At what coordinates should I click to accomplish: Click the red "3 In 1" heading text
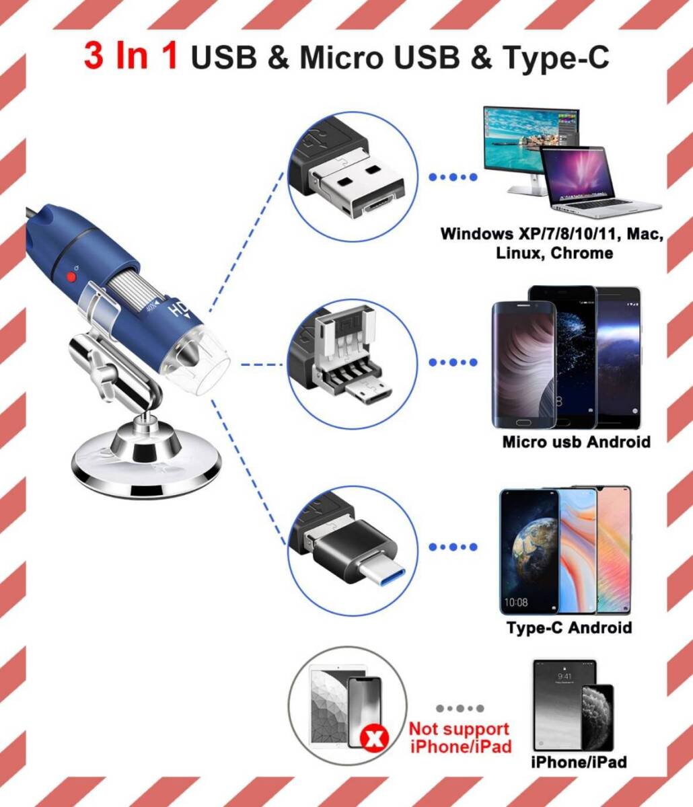pyautogui.click(x=131, y=56)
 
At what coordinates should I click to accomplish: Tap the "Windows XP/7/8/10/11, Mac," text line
pyautogui.click(x=552, y=234)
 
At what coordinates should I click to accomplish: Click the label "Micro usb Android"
pyautogui.click(x=577, y=442)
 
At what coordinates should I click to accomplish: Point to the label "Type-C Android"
pyautogui.click(x=569, y=627)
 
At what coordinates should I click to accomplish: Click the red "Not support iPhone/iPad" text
pyautogui.click(x=460, y=737)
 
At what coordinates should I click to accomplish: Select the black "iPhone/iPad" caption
pyautogui.click(x=579, y=761)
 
